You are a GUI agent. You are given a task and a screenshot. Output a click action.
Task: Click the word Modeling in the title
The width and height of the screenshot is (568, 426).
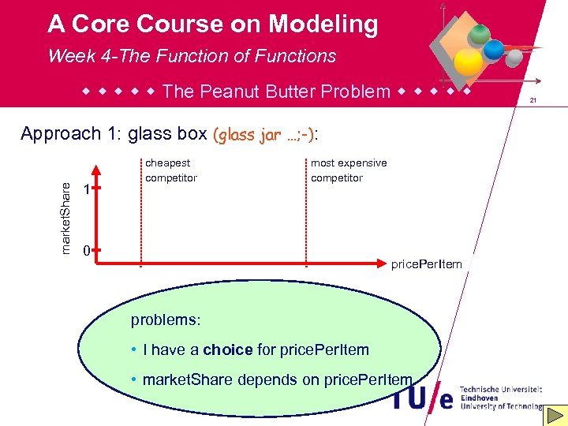(x=323, y=24)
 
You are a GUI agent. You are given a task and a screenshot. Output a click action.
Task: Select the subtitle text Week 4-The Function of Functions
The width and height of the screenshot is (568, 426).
(x=192, y=56)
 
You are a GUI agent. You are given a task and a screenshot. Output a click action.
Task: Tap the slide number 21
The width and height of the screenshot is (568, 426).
(x=533, y=101)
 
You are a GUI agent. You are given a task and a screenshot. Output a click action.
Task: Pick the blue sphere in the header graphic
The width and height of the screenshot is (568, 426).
(x=493, y=49)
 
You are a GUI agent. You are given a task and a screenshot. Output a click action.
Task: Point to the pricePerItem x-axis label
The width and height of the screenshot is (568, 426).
(x=426, y=264)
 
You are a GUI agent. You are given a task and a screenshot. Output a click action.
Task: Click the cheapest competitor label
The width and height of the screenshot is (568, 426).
(x=171, y=170)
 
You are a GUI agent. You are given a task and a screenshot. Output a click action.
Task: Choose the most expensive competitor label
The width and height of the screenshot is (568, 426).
(x=349, y=170)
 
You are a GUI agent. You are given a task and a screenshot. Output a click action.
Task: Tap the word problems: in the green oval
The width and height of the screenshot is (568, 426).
(x=166, y=320)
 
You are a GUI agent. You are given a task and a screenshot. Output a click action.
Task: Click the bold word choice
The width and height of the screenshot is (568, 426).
(x=228, y=349)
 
